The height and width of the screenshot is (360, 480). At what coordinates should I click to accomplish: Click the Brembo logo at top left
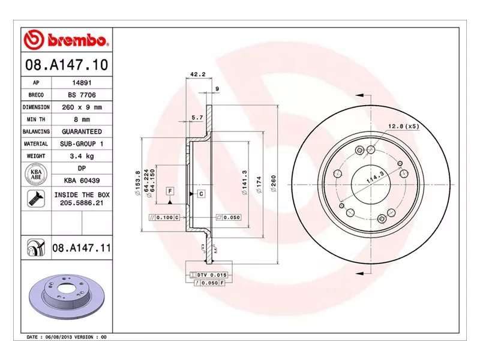tap(66, 40)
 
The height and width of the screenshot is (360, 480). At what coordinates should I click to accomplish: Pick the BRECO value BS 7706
tap(82, 95)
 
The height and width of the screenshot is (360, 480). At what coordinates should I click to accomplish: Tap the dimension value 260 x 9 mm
tap(82, 107)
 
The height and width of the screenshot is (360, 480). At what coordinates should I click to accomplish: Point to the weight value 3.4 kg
tap(82, 156)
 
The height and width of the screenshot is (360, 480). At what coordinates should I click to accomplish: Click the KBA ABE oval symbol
tap(36, 174)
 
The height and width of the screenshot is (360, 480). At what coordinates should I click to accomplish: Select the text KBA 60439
tap(82, 180)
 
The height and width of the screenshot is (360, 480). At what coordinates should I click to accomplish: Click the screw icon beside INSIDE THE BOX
tap(36, 199)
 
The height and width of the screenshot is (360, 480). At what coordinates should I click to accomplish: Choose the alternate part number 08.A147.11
tap(82, 247)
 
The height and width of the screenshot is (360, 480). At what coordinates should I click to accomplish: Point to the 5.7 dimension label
tap(197, 118)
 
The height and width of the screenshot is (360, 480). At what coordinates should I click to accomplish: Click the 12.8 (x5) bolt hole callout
tap(403, 126)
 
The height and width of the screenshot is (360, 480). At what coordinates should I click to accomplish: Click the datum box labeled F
tap(170, 191)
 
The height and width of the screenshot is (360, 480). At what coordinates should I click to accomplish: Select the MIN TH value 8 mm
tap(82, 119)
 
